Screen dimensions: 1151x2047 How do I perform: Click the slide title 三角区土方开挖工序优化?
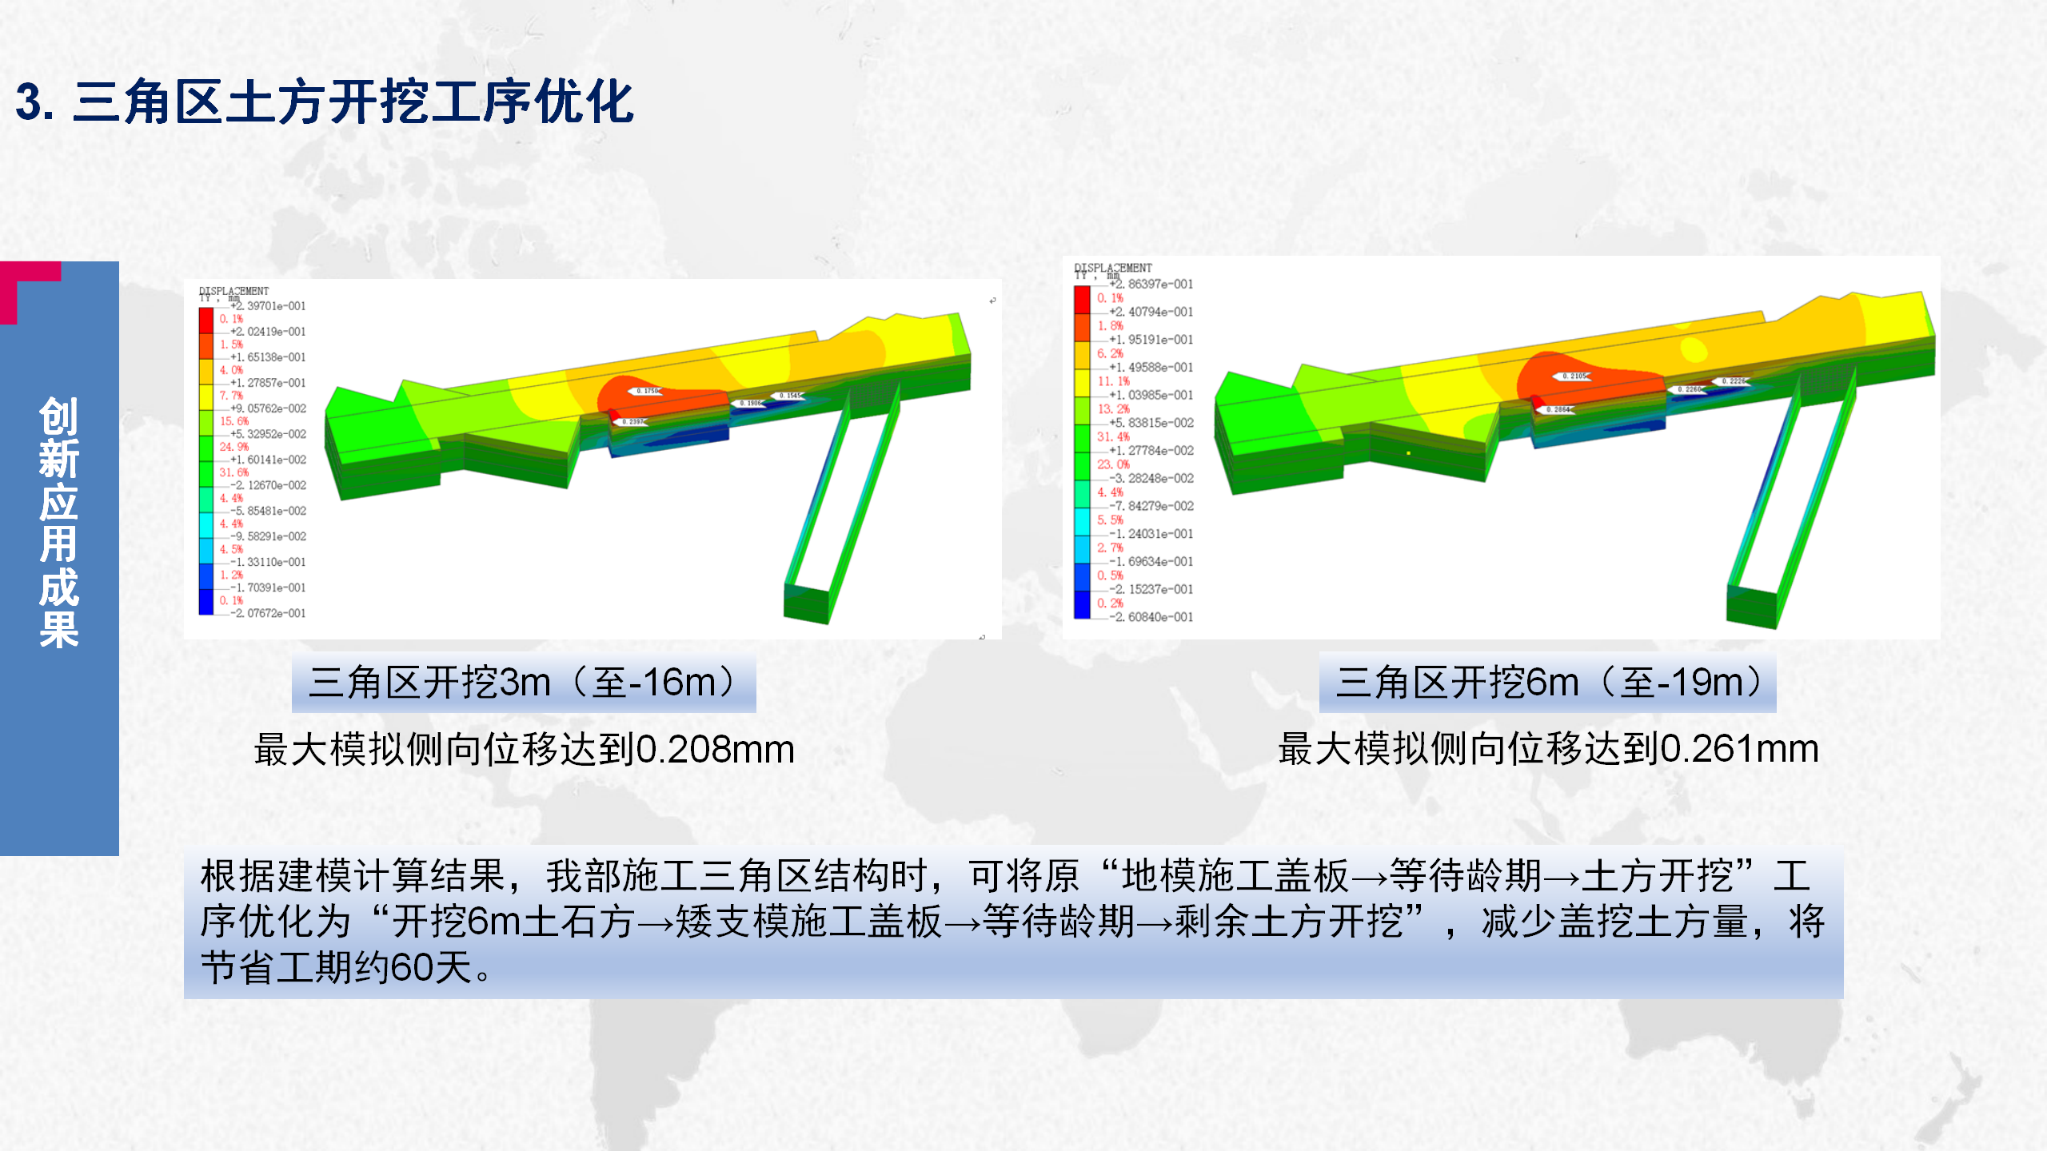click(352, 102)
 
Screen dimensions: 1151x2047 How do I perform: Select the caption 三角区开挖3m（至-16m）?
click(524, 683)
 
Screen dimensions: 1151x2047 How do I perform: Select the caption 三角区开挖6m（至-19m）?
click(1547, 683)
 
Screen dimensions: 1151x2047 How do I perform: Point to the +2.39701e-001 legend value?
click(269, 306)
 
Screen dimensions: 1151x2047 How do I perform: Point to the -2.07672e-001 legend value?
click(269, 613)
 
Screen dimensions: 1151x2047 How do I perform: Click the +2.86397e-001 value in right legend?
click(1151, 285)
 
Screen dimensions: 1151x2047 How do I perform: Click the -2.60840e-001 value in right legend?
click(1151, 617)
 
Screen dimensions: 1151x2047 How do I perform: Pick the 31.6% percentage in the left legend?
click(233, 472)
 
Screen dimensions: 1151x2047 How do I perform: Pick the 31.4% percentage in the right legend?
click(1113, 436)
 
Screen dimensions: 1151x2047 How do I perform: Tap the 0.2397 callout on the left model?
click(632, 421)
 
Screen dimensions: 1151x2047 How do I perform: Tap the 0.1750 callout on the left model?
click(648, 391)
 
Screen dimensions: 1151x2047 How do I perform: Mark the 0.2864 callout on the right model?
click(1558, 409)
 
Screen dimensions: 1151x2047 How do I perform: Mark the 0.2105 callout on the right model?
click(1574, 376)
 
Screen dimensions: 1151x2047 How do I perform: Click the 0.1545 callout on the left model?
click(789, 396)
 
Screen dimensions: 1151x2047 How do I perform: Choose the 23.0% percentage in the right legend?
click(1113, 464)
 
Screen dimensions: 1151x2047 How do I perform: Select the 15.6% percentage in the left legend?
click(233, 421)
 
